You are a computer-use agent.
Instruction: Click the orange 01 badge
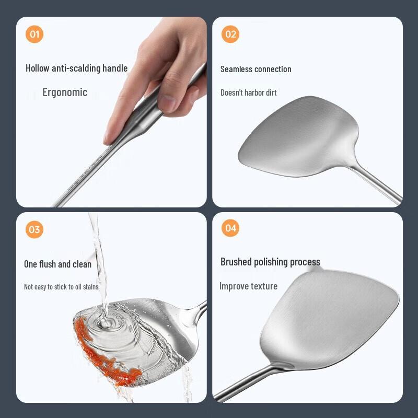pos(34,34)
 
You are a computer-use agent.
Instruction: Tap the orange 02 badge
pos(230,34)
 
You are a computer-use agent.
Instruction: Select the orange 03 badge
pos(34,229)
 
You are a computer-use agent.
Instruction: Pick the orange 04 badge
pos(230,228)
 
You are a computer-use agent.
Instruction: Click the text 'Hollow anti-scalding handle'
pos(76,68)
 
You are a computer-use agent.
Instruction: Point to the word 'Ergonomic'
pos(65,92)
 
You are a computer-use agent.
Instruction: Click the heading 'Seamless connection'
pos(256,69)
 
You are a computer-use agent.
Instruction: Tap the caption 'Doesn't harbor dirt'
pos(248,93)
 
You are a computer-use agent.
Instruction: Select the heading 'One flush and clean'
pos(57,264)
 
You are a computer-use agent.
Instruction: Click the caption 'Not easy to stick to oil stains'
pos(61,287)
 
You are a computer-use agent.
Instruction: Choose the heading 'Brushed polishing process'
pos(270,262)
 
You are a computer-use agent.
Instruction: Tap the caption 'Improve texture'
pos(248,286)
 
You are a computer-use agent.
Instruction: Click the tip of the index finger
pos(109,138)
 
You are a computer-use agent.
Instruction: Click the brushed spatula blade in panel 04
pos(329,319)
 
